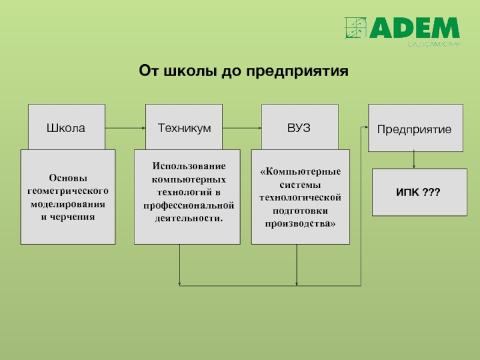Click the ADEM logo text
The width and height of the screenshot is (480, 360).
coord(415,29)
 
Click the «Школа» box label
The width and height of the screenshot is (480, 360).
coord(66,128)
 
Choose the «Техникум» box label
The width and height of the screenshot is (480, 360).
coord(184,128)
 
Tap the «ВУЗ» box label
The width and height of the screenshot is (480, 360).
coord(299,128)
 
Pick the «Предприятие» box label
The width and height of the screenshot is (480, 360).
coord(415,129)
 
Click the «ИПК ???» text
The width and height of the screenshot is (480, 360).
coord(418,192)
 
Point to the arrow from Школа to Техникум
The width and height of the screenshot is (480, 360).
coord(125,128)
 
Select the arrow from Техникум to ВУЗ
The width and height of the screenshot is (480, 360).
coord(242,128)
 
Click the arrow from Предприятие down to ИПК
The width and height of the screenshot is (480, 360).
coord(414,160)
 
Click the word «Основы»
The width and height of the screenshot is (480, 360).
coord(68,178)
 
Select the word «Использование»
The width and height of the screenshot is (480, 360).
coord(188,165)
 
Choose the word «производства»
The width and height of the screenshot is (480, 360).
coord(298,223)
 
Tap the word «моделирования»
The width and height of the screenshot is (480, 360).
coord(68,203)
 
